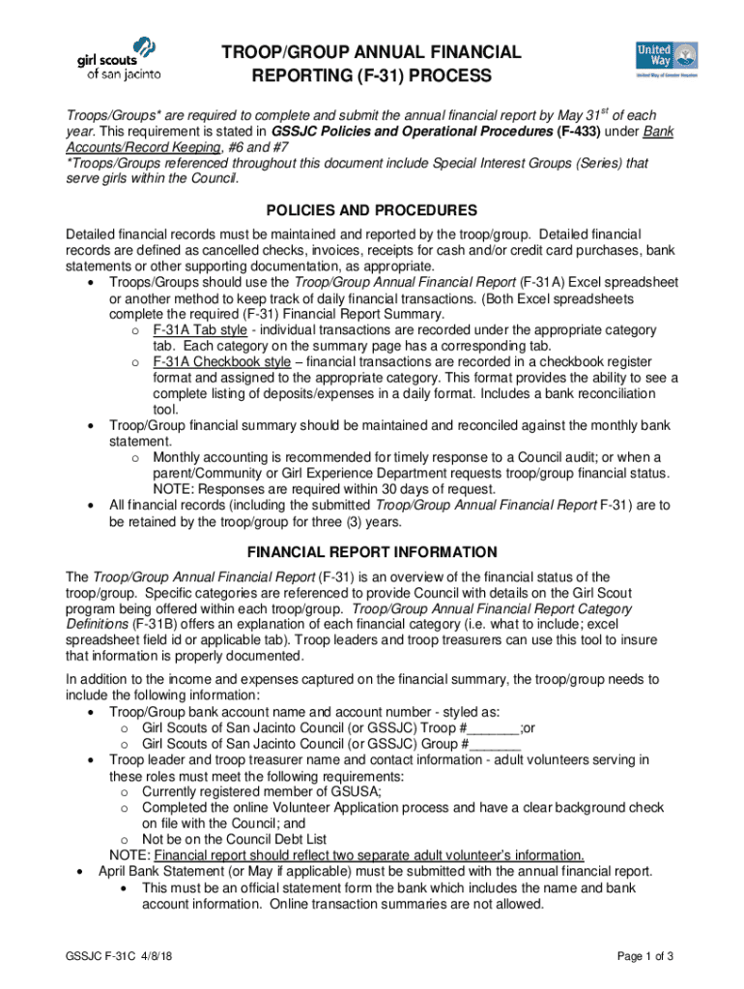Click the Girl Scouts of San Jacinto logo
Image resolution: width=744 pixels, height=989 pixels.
pos(118,59)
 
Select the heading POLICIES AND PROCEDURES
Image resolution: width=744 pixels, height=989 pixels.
pos(372,210)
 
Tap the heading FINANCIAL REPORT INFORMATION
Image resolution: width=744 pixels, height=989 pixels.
pos(372,552)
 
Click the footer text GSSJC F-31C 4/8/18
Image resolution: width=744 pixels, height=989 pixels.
pos(120,956)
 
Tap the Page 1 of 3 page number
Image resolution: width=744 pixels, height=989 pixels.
pos(644,956)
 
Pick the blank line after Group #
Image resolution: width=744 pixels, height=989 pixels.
pos(495,745)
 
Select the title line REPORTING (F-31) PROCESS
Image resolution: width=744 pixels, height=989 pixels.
pos(372,75)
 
